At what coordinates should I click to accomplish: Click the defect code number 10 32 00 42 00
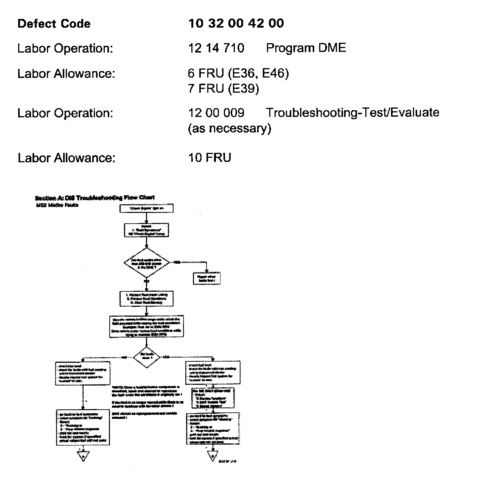(x=236, y=23)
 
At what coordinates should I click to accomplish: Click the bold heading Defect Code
(x=54, y=24)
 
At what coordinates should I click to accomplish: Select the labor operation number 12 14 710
(x=216, y=48)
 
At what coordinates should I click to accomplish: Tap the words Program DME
(x=306, y=48)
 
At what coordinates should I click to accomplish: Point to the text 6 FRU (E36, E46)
(x=238, y=73)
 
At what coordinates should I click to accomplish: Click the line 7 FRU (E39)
(x=223, y=89)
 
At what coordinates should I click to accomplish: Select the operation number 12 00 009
(x=216, y=113)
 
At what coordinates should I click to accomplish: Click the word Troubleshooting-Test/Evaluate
(x=352, y=113)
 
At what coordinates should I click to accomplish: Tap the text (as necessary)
(x=230, y=129)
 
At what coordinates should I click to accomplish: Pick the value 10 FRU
(x=210, y=157)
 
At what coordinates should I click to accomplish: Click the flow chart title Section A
(x=95, y=198)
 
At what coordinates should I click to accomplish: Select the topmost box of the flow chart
(x=146, y=208)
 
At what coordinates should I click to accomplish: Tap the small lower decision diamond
(x=147, y=357)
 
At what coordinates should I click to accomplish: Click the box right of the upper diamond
(x=206, y=278)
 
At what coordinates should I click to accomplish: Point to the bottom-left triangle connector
(x=82, y=456)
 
